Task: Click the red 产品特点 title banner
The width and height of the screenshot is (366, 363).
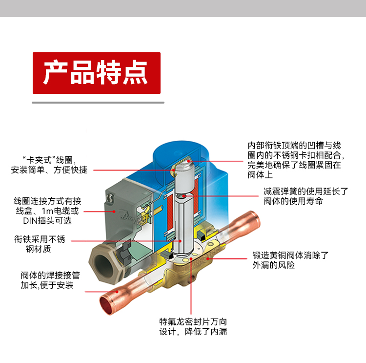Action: point(97,73)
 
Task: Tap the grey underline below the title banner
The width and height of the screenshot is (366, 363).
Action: point(98,103)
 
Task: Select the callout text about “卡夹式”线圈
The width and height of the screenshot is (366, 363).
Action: point(49,165)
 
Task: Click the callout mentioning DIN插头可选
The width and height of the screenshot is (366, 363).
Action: point(47,211)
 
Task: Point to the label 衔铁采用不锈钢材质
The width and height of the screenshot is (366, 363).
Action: point(39,244)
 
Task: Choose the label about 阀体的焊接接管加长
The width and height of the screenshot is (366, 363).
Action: point(50,280)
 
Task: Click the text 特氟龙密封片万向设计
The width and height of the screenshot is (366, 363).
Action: point(193,327)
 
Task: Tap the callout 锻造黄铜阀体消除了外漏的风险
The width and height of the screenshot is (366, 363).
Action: point(290,260)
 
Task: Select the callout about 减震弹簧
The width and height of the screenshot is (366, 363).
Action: point(306,196)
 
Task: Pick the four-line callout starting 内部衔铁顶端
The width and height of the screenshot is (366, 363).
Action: point(296,160)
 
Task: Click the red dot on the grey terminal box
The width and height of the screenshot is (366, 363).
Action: point(114,212)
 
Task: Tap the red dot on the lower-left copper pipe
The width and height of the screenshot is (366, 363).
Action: point(117,292)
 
